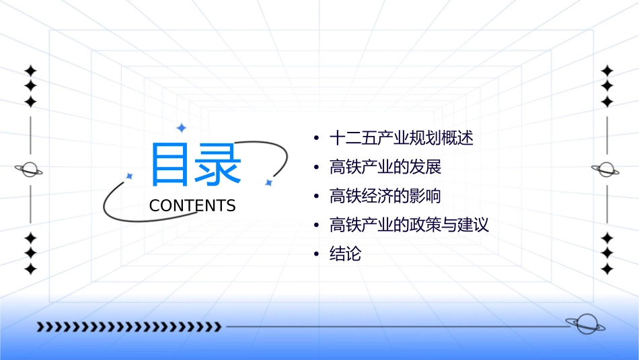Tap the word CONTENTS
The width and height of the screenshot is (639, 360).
[192, 206]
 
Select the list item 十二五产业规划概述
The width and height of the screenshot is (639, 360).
[402, 139]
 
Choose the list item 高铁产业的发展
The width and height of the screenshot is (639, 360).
[385, 167]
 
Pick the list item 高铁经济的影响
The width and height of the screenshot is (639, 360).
[385, 196]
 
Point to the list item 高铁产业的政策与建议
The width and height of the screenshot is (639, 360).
[409, 225]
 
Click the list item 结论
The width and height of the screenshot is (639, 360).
[346, 254]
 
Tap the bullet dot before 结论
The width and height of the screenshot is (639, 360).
[316, 254]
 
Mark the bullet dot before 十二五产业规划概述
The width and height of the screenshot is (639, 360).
[316, 139]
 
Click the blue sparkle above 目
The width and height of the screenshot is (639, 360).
[180, 127]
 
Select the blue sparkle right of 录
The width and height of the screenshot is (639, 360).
[268, 182]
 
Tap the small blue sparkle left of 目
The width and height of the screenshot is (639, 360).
[130, 176]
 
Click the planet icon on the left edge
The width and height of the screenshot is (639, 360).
[30, 170]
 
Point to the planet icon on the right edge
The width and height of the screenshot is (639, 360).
[606, 170]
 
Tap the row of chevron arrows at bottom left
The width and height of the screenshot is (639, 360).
[128, 327]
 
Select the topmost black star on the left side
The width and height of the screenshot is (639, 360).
[30, 71]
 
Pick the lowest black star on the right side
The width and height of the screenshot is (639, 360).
[607, 269]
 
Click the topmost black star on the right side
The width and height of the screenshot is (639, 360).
[607, 71]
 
